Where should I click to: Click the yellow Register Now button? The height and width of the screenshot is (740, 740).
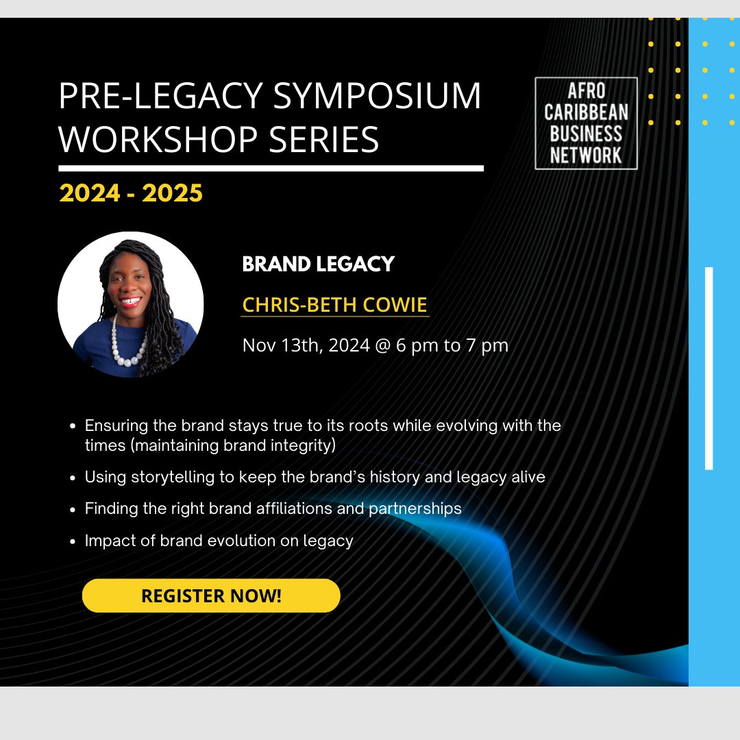click(211, 595)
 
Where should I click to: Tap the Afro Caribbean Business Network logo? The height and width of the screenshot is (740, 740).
click(586, 123)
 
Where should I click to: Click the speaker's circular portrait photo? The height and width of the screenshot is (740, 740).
click(130, 304)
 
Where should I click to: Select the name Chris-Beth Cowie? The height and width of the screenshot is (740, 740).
click(335, 305)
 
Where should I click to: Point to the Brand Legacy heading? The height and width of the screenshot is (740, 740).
click(318, 264)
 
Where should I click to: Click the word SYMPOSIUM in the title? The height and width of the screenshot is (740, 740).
click(377, 97)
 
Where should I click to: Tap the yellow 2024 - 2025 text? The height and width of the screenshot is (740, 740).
click(131, 193)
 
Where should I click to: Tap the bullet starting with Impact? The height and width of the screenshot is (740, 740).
click(219, 541)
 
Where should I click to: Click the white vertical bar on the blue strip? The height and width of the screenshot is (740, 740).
click(709, 369)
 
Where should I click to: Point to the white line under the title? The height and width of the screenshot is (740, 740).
click(271, 168)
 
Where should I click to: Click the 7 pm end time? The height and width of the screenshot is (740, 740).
click(487, 345)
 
